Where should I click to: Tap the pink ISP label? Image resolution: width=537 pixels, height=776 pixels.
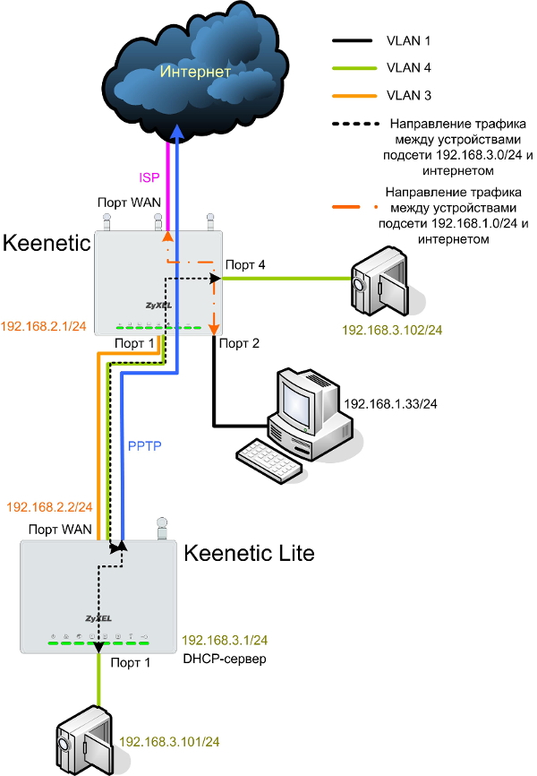coord(149,177)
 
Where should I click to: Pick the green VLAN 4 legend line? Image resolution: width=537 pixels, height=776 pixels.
coord(352,67)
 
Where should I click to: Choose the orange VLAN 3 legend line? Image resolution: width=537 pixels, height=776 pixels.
coord(352,93)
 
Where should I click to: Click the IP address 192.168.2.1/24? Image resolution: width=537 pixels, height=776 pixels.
coord(44,326)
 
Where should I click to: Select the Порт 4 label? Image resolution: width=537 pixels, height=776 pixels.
coord(245,264)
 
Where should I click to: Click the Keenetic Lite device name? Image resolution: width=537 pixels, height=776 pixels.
coord(249,554)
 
